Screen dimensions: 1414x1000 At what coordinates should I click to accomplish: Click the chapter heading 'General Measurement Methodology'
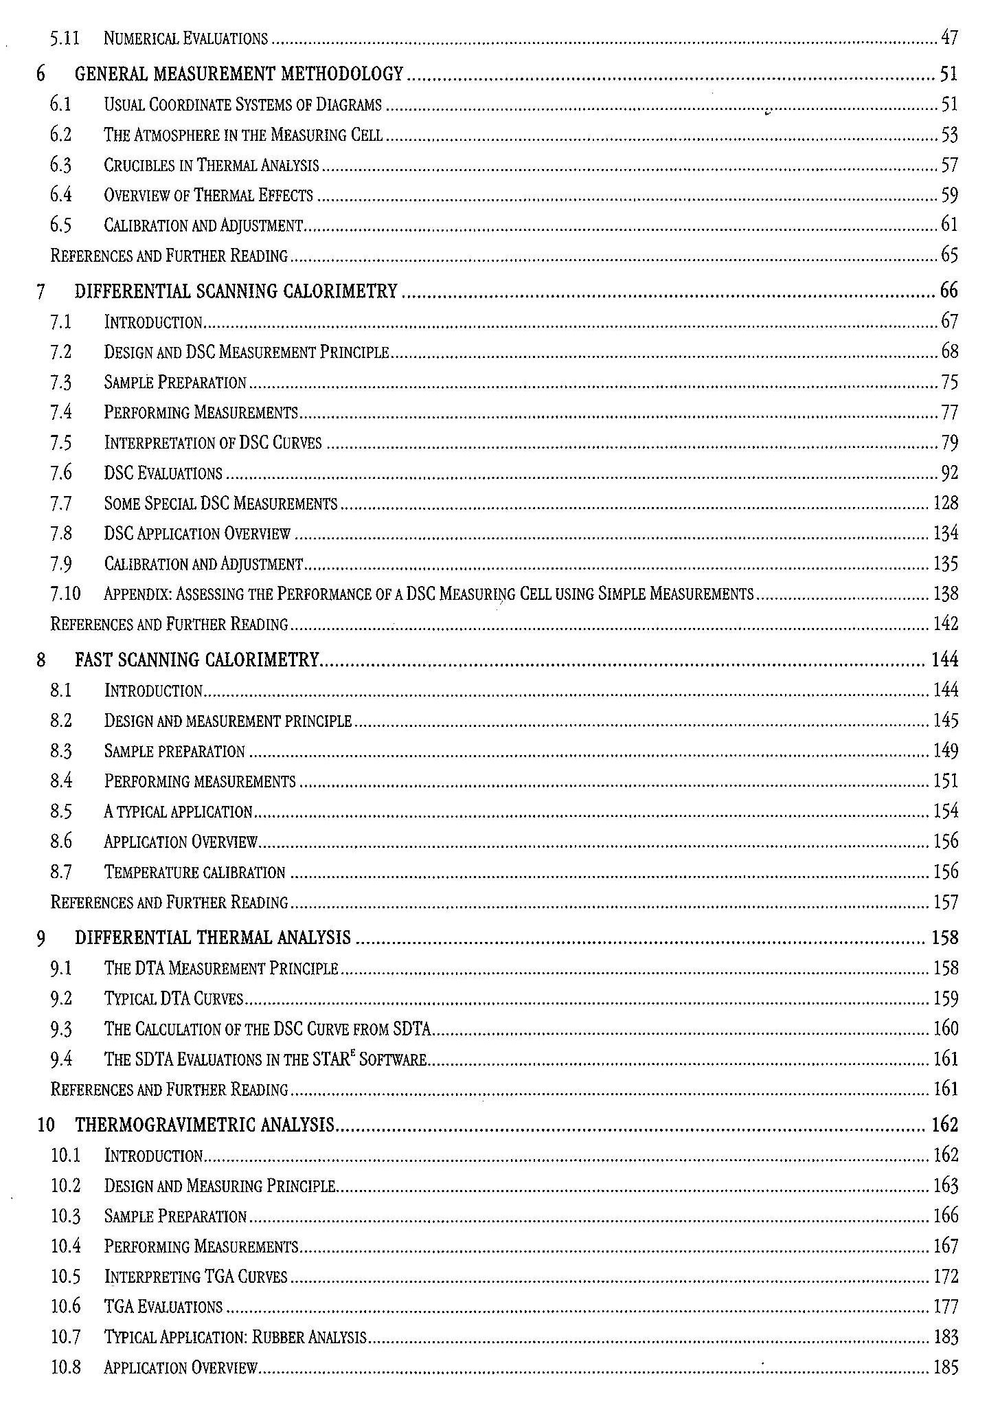[x=238, y=74]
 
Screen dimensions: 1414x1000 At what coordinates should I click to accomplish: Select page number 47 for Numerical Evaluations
[x=948, y=38]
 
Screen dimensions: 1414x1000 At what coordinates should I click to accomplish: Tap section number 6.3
[x=60, y=165]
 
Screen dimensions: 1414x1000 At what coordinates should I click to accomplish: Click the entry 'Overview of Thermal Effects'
[x=208, y=195]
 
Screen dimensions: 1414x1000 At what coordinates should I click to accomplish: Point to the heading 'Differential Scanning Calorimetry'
[x=236, y=291]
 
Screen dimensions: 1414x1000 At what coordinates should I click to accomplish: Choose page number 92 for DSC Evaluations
[x=949, y=473]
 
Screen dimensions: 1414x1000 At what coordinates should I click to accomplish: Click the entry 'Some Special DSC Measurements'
[x=220, y=504]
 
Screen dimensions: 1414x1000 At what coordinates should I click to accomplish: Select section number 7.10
[x=65, y=594]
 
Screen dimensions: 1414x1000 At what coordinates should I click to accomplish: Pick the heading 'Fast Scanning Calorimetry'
[x=197, y=660]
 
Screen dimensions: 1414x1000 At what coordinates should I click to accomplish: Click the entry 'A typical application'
[x=178, y=811]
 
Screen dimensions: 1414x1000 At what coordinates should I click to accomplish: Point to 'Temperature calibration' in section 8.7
[x=194, y=872]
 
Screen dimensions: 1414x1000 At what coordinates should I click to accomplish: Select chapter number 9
[x=42, y=938]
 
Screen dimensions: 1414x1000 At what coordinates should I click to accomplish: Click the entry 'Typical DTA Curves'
[x=174, y=998]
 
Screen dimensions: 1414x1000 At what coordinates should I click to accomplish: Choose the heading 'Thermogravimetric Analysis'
[x=205, y=1125]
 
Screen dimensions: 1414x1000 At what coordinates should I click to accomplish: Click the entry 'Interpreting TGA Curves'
[x=196, y=1277]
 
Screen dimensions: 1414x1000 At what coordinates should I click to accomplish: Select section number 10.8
[x=65, y=1367]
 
